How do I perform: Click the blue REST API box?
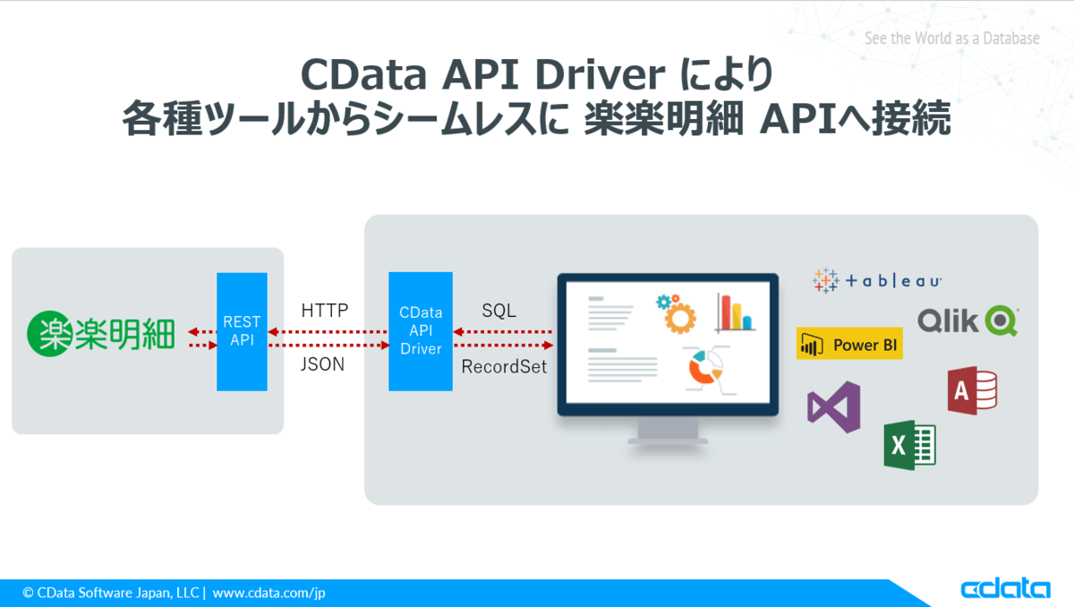click(242, 331)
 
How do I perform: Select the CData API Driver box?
click(421, 331)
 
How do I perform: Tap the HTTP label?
click(325, 310)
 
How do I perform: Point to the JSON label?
click(322, 364)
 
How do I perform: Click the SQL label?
click(499, 311)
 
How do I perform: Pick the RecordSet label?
click(504, 367)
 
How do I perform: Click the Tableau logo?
click(877, 280)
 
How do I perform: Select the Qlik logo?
click(968, 321)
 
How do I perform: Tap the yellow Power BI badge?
click(849, 344)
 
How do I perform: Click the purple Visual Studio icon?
click(834, 407)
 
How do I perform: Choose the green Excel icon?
click(909, 445)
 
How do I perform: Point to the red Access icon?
click(972, 390)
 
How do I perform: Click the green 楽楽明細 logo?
click(100, 334)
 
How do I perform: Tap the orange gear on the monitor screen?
click(679, 319)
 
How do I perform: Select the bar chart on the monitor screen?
click(736, 312)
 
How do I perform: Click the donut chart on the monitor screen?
click(703, 368)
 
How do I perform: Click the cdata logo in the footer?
click(1005, 588)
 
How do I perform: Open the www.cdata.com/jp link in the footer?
click(268, 593)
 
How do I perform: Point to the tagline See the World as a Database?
click(951, 38)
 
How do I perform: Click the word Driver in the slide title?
click(600, 75)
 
